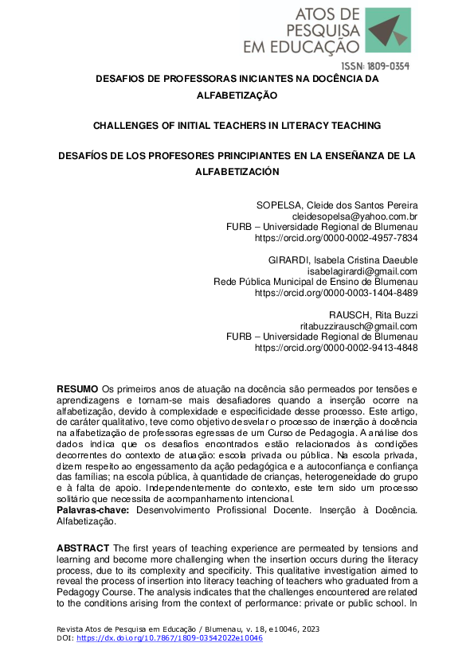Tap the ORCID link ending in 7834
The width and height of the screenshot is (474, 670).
(336, 238)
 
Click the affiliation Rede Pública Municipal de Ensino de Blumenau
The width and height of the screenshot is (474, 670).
(315, 282)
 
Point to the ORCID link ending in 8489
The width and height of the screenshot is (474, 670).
(336, 293)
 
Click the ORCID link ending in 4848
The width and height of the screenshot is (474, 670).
(336, 348)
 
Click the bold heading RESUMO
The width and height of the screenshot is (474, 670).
(77, 388)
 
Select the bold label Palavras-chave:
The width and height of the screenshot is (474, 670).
(93, 508)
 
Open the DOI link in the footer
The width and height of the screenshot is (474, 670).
(170, 639)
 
